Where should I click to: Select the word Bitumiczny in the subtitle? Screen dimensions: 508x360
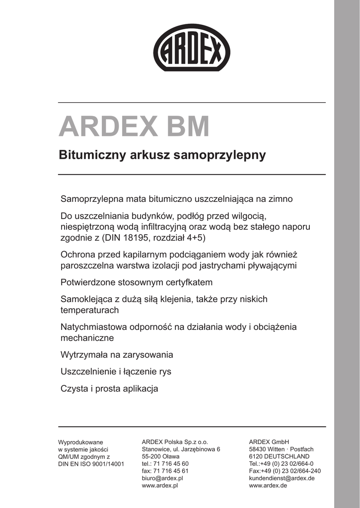click(x=86, y=155)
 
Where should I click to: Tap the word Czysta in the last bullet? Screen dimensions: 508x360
click(x=74, y=388)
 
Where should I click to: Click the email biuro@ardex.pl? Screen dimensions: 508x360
click(x=163, y=478)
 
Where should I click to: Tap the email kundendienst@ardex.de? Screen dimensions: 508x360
click(x=282, y=478)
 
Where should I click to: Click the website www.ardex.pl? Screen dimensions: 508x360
click(x=160, y=486)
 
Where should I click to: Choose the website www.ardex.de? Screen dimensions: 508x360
click(x=268, y=486)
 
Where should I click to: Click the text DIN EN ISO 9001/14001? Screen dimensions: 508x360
click(x=91, y=464)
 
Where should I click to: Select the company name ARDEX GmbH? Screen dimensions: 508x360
click(x=269, y=442)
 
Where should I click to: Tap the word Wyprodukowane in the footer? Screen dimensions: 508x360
click(x=80, y=442)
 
